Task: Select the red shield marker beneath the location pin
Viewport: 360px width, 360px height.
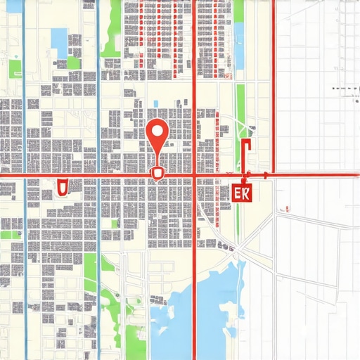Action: click(157, 172)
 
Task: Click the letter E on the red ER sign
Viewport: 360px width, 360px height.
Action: click(237, 191)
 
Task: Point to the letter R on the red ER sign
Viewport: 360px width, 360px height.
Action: click(247, 191)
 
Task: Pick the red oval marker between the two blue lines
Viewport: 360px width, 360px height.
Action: click(61, 186)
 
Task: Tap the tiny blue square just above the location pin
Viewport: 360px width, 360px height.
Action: click(155, 105)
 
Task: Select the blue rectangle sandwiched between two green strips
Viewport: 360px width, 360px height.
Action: click(238, 49)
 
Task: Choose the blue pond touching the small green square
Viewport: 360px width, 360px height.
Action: click(60, 42)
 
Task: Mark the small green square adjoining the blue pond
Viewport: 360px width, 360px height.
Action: click(73, 63)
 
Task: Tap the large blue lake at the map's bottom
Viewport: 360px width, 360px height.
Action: click(218, 309)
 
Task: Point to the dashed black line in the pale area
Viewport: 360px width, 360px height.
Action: click(345, 89)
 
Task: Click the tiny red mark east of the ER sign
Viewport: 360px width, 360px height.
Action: click(287, 209)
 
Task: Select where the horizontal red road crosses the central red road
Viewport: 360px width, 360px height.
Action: click(194, 174)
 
